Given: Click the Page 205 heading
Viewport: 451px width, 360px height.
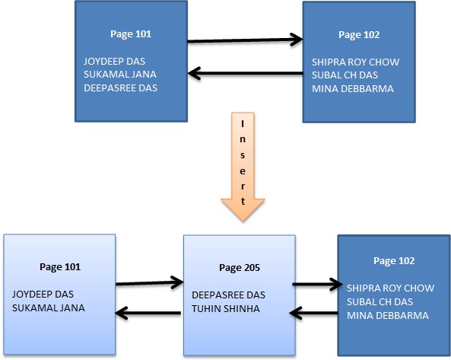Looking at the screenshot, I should coord(239,267).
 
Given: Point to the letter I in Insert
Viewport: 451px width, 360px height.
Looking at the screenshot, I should coord(243,123).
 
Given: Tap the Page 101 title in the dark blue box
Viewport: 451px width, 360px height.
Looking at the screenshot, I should coord(131,35).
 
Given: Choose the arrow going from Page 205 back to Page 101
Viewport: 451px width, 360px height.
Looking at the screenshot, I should coord(149,311).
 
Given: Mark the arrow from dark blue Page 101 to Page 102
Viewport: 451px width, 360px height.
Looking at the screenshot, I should coord(245,39).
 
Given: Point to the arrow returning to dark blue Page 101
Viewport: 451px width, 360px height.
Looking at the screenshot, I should coord(245,74).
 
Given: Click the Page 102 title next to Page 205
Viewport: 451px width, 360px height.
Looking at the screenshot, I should coord(394,261).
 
